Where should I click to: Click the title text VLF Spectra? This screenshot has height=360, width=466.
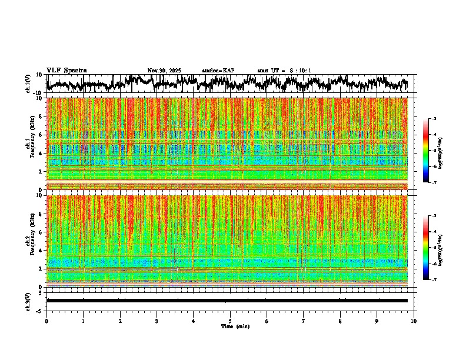(x=66, y=70)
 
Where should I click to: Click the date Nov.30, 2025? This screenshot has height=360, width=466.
(x=164, y=71)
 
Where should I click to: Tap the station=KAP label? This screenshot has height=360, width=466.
(x=218, y=71)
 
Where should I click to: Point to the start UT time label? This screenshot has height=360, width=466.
(x=284, y=71)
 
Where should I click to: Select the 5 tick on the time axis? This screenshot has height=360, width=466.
(x=230, y=321)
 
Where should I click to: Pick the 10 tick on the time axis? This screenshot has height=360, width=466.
(x=414, y=321)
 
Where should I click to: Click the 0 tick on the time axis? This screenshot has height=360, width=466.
(x=46, y=321)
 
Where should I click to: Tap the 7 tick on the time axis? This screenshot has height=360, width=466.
(x=304, y=321)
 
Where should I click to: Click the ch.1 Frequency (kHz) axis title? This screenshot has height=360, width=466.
(x=30, y=144)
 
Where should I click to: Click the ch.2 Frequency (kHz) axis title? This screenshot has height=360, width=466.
(x=30, y=241)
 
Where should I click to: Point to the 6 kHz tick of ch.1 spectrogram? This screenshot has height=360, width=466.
(x=41, y=135)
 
